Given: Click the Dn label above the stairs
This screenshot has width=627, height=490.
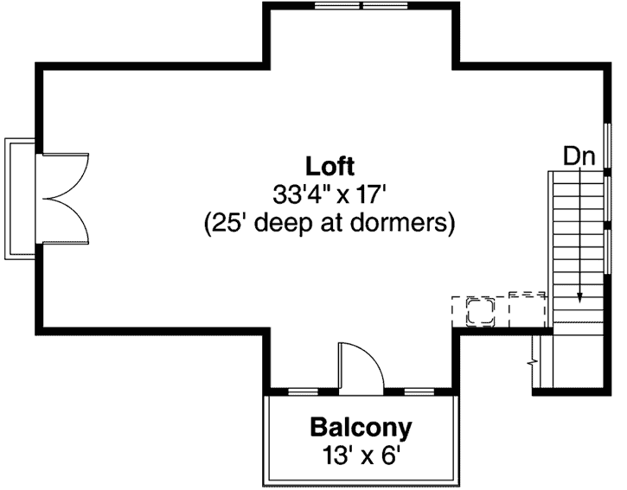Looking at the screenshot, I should pyautogui.click(x=579, y=156).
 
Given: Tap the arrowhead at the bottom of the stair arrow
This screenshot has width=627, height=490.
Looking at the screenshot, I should pyautogui.click(x=579, y=299).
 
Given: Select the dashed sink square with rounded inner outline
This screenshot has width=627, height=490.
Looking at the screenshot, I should pyautogui.click(x=477, y=309).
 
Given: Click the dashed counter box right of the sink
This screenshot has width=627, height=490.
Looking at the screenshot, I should pyautogui.click(x=526, y=308).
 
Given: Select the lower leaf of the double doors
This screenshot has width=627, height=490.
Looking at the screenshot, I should pyautogui.click(x=65, y=220).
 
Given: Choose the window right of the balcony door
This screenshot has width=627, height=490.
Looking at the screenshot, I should pyautogui.click(x=418, y=392).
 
